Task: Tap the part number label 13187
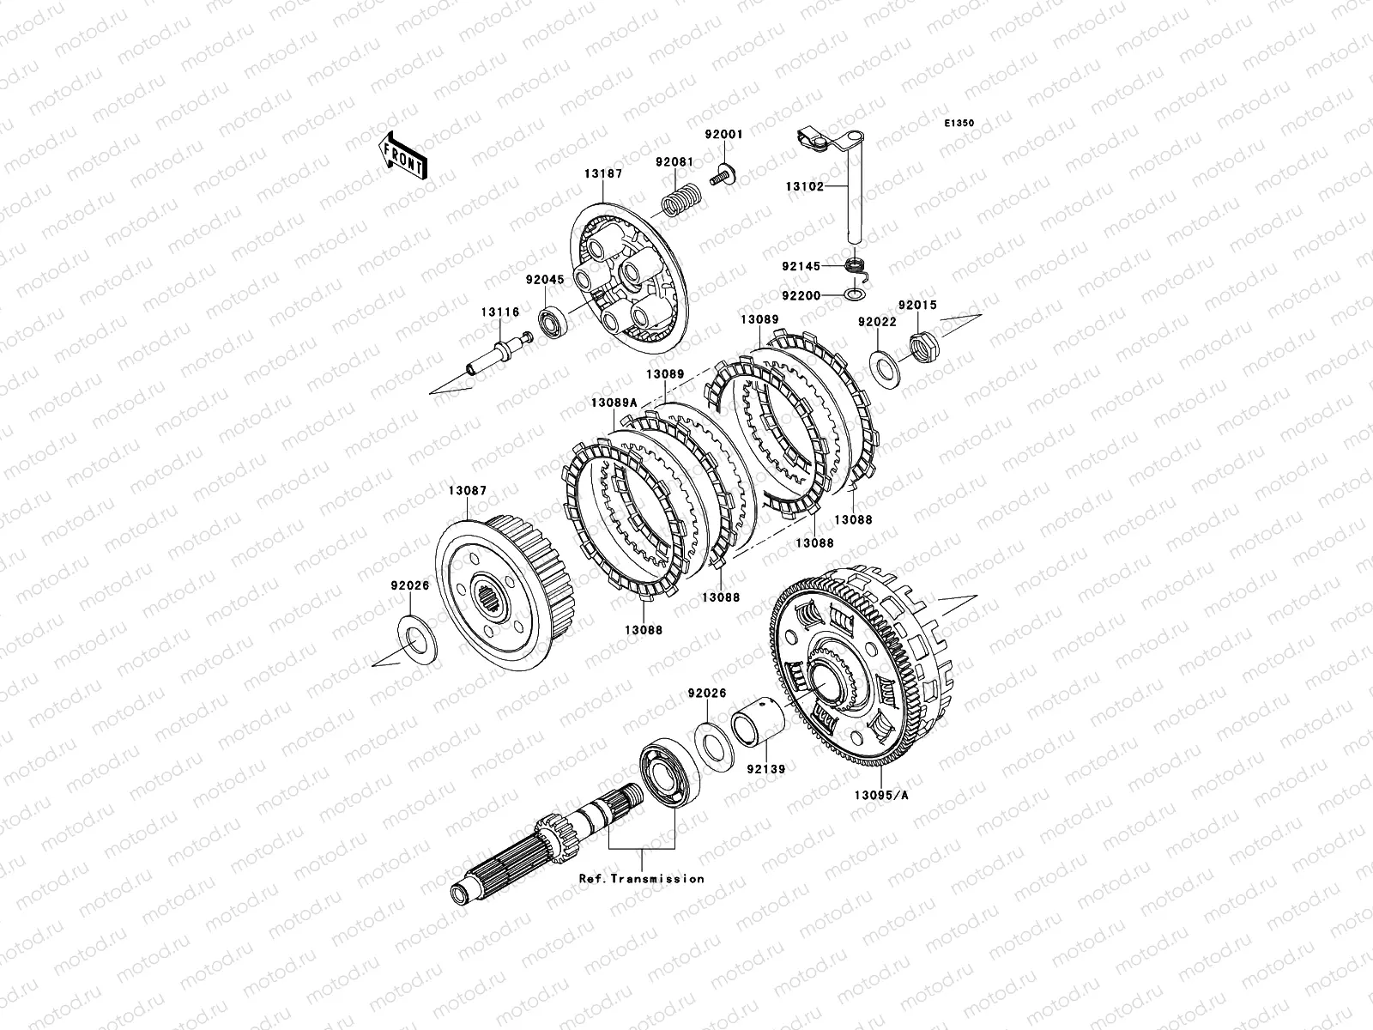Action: click(603, 174)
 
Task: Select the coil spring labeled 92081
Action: click(681, 199)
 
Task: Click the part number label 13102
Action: click(805, 186)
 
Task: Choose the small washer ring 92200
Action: click(855, 294)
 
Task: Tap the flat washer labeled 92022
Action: click(886, 370)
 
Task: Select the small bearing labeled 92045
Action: click(553, 322)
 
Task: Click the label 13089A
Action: click(614, 403)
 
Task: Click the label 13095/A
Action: click(881, 796)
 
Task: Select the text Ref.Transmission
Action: click(642, 879)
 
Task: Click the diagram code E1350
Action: click(959, 124)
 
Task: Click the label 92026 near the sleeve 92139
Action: click(707, 693)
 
